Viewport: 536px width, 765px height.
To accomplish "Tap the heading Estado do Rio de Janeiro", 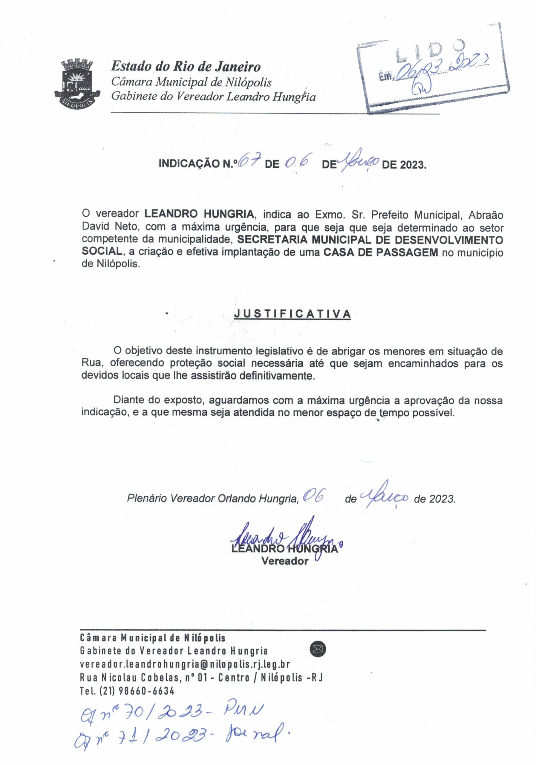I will pyautogui.click(x=186, y=67).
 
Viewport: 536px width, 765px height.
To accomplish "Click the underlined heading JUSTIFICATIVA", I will pyautogui.click(x=292, y=314).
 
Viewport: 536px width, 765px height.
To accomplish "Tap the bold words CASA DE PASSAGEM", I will pyautogui.click(x=381, y=252).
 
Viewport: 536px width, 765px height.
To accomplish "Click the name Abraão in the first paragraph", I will pyautogui.click(x=486, y=215).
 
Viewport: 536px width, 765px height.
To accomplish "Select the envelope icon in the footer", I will pyautogui.click(x=318, y=649).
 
